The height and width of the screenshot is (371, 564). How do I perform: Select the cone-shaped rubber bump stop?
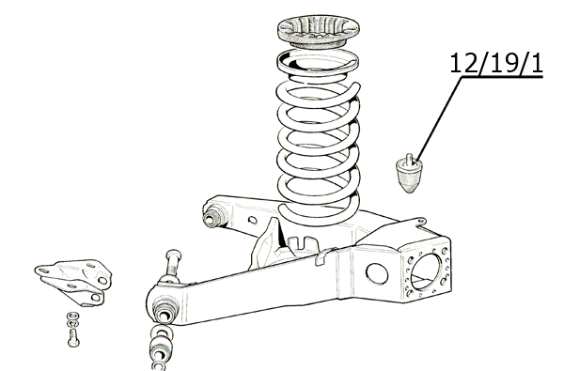coord(409,175)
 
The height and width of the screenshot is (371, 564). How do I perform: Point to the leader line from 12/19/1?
coord(439,118)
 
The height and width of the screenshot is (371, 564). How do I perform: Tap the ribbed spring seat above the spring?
coord(319,31)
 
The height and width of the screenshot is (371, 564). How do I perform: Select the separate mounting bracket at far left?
coord(73,282)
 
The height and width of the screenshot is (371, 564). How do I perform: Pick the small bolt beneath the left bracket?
coord(73,338)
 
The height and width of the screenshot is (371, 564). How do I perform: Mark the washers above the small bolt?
coord(73,319)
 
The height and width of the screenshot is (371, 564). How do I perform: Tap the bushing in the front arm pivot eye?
coord(165,311)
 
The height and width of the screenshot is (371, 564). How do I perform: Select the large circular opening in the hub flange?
coord(426,271)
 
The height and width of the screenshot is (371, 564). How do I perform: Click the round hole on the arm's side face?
coord(377,274)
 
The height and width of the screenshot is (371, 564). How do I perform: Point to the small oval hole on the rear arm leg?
coord(253,220)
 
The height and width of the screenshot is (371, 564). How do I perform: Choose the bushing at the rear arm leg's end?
coord(213,216)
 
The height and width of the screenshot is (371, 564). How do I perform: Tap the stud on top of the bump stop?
coord(409,160)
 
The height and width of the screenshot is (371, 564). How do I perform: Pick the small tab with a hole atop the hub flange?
coord(420,221)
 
